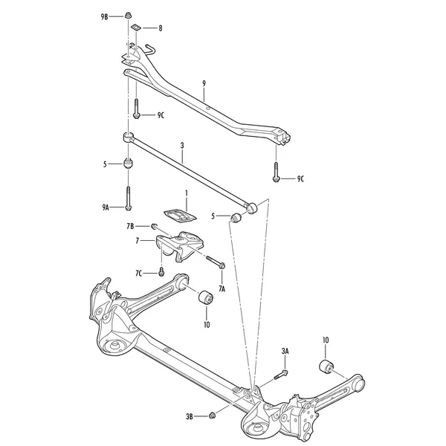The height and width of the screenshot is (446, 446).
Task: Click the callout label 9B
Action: click(104, 17)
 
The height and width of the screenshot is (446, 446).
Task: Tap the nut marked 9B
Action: click(128, 15)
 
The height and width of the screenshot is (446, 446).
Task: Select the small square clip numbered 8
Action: click(135, 28)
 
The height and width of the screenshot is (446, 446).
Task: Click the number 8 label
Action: click(161, 28)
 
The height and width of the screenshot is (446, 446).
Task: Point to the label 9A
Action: click(106, 207)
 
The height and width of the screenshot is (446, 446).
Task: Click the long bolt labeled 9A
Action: click(128, 198)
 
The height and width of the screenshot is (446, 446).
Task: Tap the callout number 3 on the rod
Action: click(182, 146)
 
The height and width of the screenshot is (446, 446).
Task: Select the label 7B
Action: click(130, 227)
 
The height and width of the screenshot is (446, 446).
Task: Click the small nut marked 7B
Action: click(153, 226)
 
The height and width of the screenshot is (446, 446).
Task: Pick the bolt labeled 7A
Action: click(216, 262)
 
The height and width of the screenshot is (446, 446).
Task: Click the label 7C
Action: click(139, 274)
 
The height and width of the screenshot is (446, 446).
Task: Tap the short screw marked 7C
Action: click(161, 271)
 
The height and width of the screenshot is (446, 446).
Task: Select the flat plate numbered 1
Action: click(180, 215)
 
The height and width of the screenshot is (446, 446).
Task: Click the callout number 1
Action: click(187, 193)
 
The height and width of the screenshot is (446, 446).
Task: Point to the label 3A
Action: click(285, 352)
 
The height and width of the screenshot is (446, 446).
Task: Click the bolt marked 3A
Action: click(281, 375)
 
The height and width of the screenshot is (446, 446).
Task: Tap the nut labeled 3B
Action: click(212, 416)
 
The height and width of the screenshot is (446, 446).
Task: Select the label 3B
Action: click(190, 417)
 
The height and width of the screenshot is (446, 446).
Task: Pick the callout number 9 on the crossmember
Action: click(204, 83)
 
